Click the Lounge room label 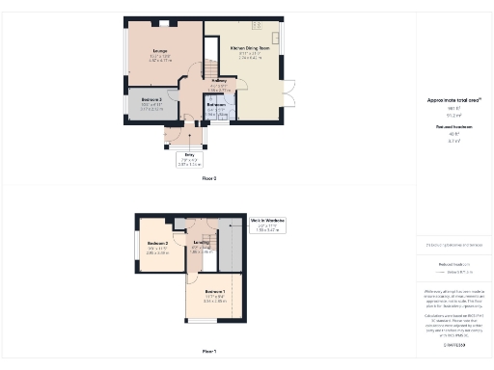tap(160, 52)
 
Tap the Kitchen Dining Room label tap(250, 46)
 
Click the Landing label tap(201, 243)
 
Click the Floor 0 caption tap(208, 179)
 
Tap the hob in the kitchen tap(258, 25)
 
